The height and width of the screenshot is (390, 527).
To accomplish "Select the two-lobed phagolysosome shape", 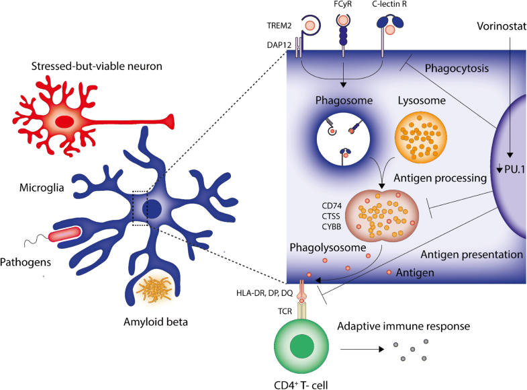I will click(x=381, y=217).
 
